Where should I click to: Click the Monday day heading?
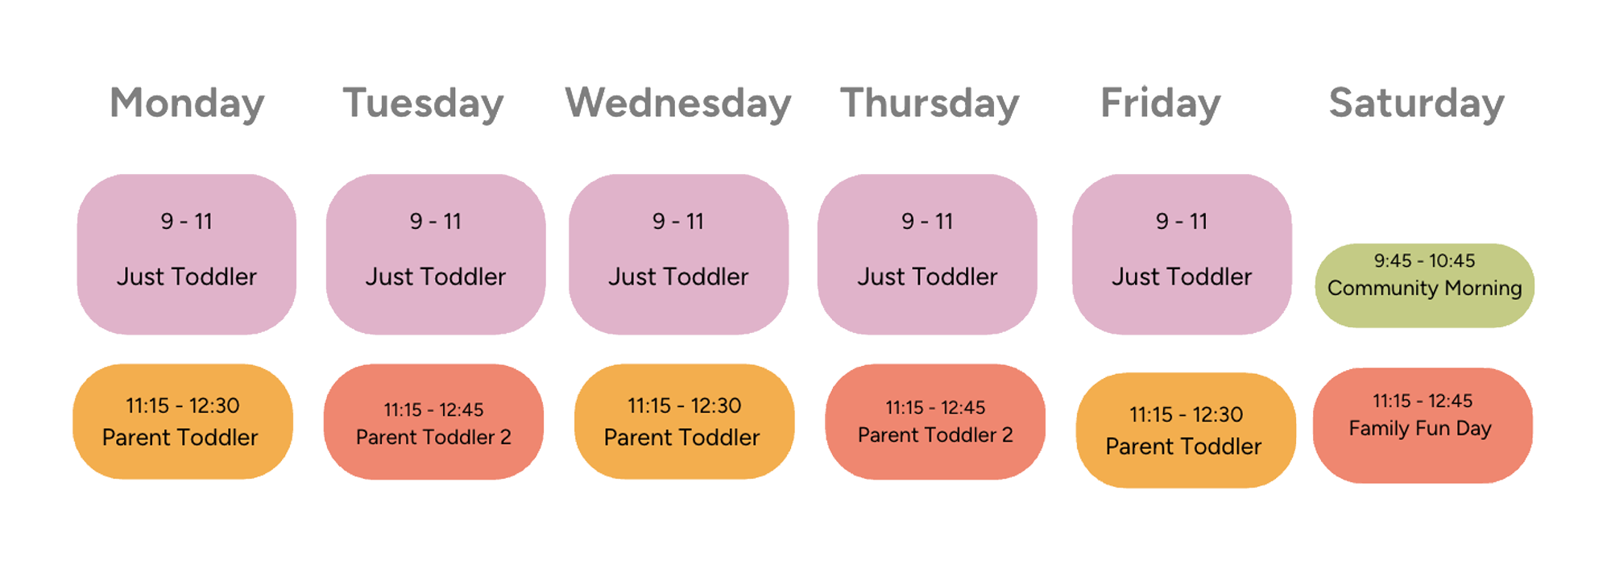pyautogui.click(x=187, y=104)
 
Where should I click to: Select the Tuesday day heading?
pyautogui.click(x=424, y=104)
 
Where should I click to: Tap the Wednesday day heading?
pyautogui.click(x=678, y=104)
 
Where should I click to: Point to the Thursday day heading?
pyautogui.click(x=930, y=104)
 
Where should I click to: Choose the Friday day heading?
pyautogui.click(x=1161, y=104)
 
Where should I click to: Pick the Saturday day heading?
pyautogui.click(x=1417, y=104)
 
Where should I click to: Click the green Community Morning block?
pyautogui.click(x=1424, y=285)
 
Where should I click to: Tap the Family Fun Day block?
pyautogui.click(x=1423, y=426)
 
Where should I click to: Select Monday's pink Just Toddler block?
pyautogui.click(x=187, y=254)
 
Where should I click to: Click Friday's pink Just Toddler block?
pyautogui.click(x=1182, y=254)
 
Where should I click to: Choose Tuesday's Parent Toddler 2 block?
pyautogui.click(x=433, y=422)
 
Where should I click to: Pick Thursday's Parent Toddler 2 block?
pyautogui.click(x=935, y=422)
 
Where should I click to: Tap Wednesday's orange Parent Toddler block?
pyautogui.click(x=684, y=422)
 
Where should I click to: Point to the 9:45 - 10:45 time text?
pyautogui.click(x=1424, y=261)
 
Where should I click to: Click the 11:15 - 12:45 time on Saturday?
pyautogui.click(x=1423, y=401)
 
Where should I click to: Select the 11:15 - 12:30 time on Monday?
pyautogui.click(x=182, y=405)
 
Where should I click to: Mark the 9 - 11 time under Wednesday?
pyautogui.click(x=678, y=221)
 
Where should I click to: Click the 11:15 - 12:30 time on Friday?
pyautogui.click(x=1186, y=414)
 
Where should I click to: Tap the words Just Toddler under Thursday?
pyautogui.click(x=927, y=276)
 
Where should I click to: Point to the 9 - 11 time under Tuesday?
pyautogui.click(x=435, y=221)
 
